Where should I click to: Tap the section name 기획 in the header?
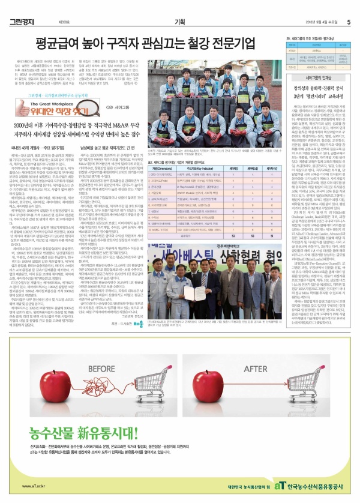point(179,6)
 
